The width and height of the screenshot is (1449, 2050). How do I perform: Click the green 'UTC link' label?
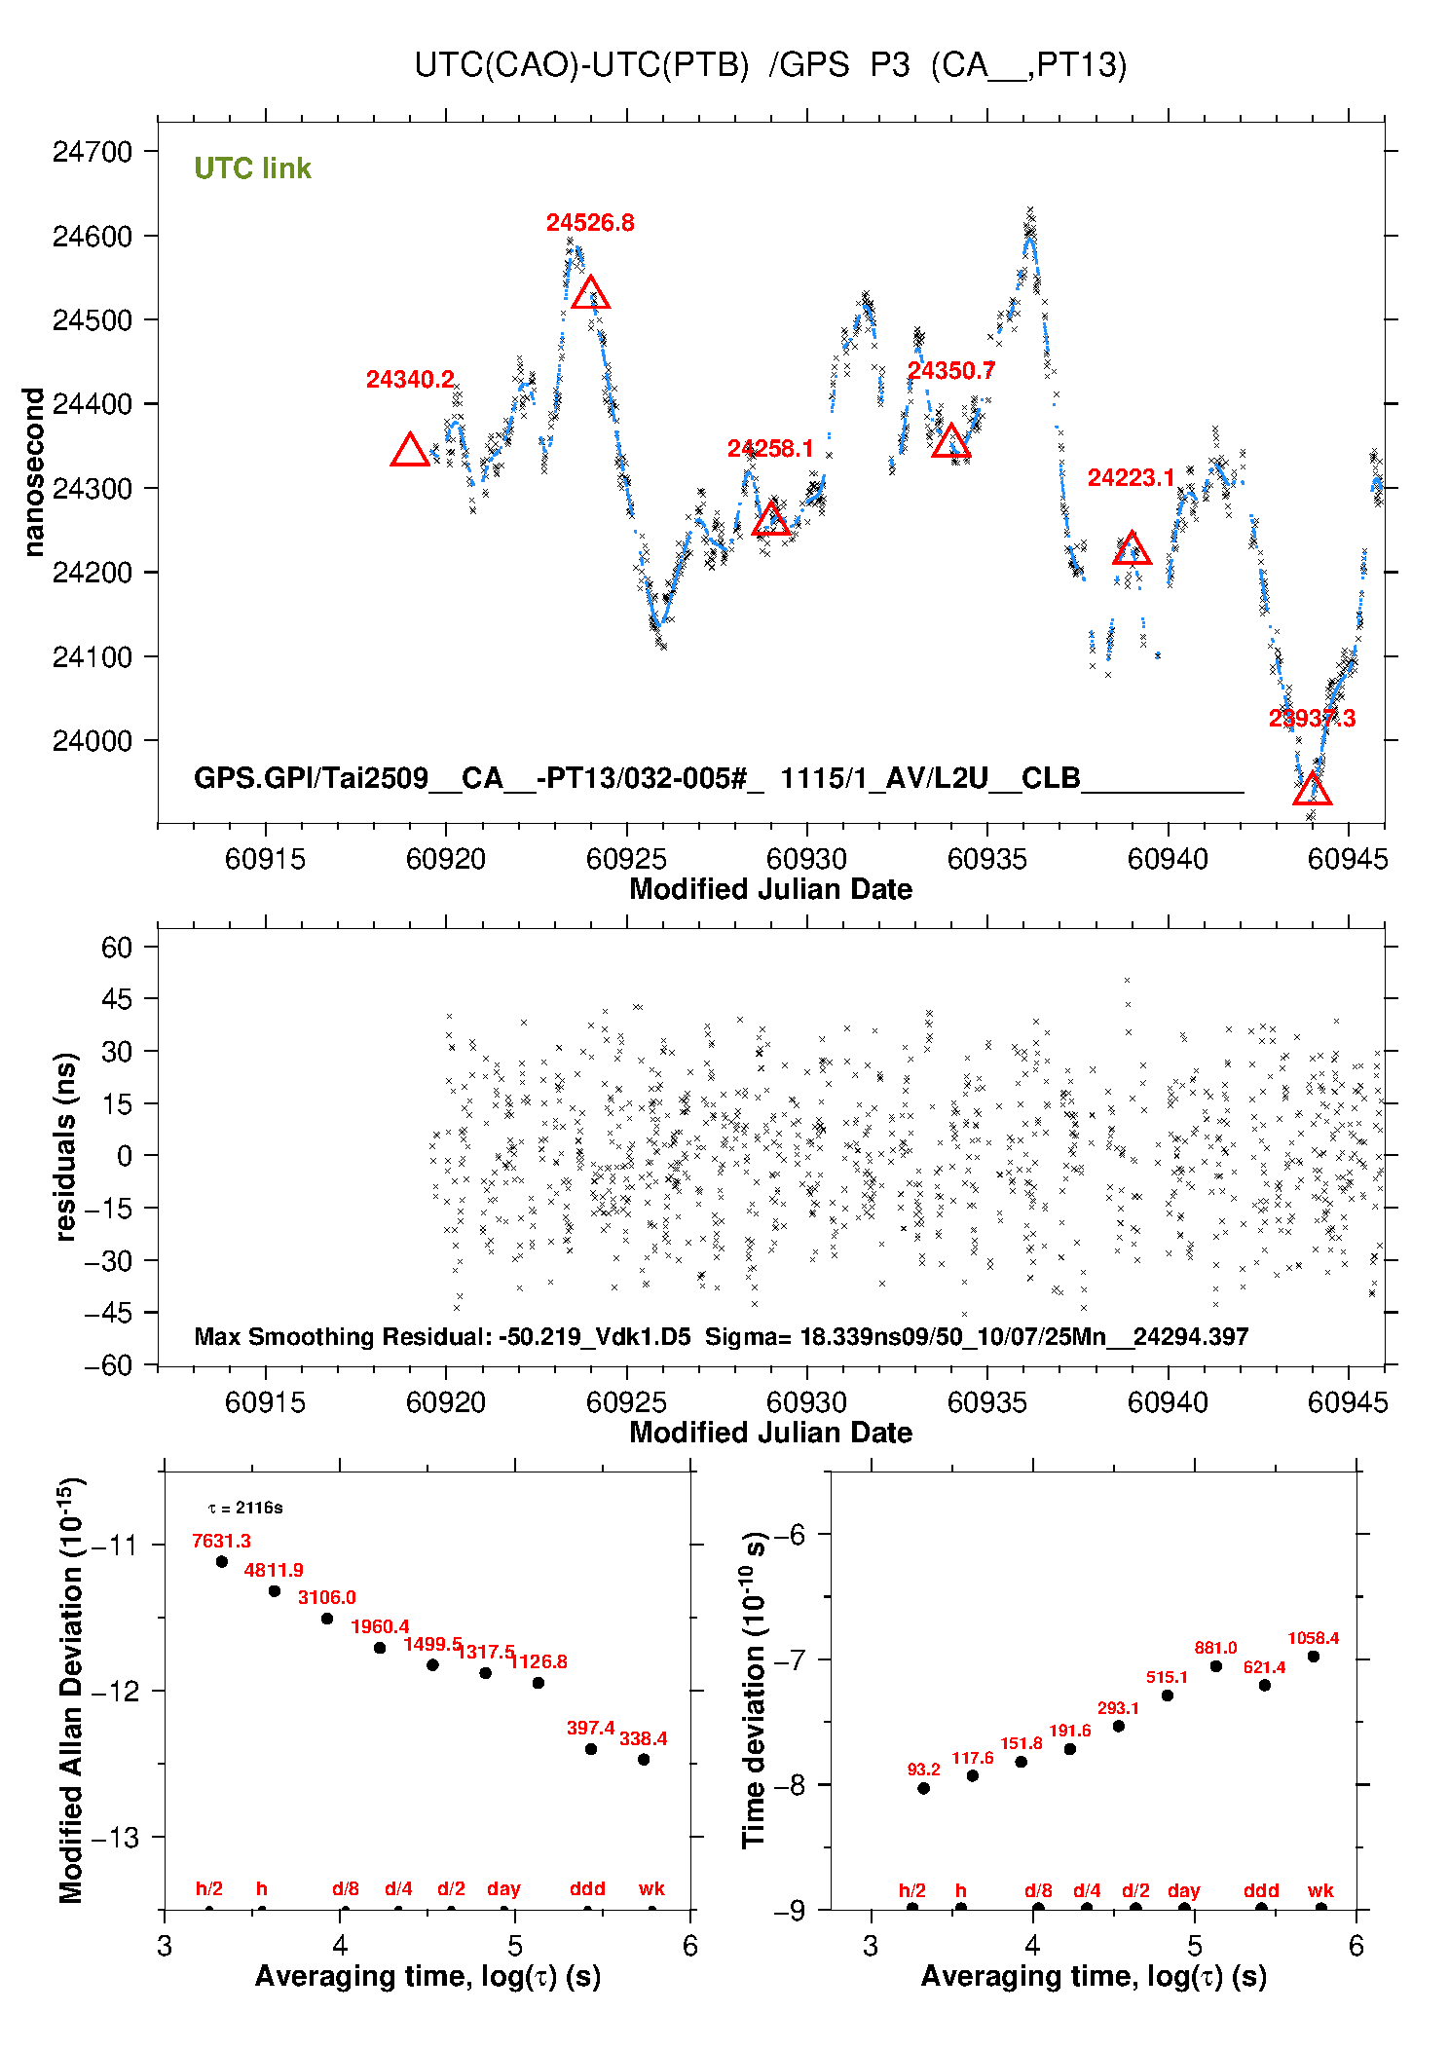[x=252, y=168]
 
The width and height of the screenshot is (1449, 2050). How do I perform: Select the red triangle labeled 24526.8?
[x=590, y=293]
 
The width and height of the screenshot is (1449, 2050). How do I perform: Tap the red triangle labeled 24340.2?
[x=410, y=451]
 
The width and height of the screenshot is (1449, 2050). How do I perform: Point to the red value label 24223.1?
[x=1131, y=477]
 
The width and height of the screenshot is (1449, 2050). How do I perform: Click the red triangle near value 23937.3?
[x=1312, y=790]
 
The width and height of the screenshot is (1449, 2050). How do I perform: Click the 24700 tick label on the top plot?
[x=92, y=152]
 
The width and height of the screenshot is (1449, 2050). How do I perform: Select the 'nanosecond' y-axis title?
[x=33, y=472]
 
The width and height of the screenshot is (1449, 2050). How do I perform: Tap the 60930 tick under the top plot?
[x=806, y=859]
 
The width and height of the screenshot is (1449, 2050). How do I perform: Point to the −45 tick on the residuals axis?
[x=107, y=1313]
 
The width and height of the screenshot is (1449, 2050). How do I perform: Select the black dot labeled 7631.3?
[x=222, y=1561]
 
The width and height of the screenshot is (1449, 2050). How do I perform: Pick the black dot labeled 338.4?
[x=643, y=1759]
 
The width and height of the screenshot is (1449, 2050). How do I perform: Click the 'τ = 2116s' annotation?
[x=245, y=1508]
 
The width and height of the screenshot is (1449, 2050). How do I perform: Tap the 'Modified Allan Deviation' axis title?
[x=70, y=1691]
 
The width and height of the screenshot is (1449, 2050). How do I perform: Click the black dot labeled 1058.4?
[x=1313, y=1657]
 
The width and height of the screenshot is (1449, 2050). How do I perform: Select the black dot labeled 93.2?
[x=923, y=1788]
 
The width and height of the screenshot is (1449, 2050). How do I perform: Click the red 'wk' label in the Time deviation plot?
[x=1320, y=1890]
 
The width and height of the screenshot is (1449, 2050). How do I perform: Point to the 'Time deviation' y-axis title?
[x=754, y=1691]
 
